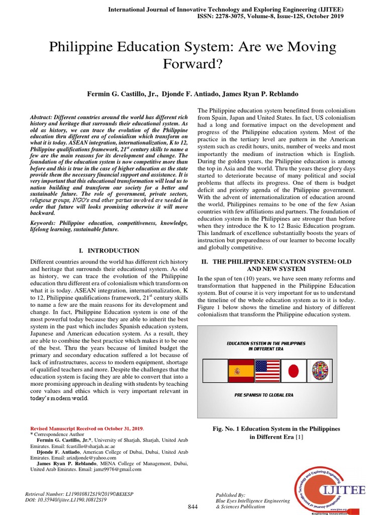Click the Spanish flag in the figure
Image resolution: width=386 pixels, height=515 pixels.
240,372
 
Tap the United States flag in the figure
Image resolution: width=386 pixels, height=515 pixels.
267,372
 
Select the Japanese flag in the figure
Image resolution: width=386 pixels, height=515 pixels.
293,372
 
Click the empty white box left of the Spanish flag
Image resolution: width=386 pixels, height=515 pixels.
214,372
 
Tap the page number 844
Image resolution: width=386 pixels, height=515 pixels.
193,505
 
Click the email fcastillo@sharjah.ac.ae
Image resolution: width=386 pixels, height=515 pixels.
92,446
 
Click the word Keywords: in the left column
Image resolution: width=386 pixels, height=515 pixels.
44,222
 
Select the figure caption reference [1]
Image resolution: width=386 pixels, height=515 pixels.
300,437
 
